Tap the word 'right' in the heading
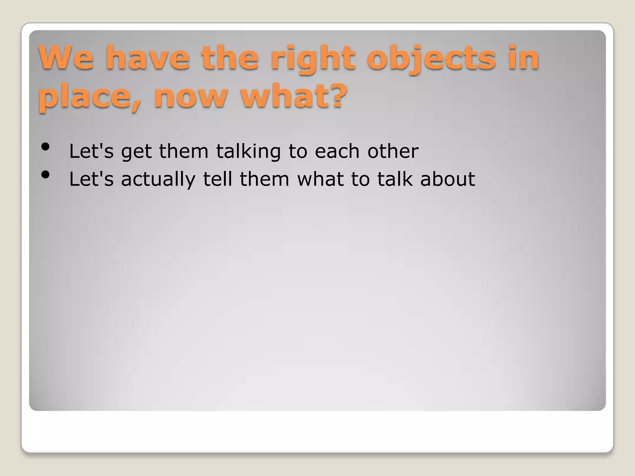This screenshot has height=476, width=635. [x=313, y=58]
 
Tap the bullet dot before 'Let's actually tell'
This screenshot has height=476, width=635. [x=45, y=175]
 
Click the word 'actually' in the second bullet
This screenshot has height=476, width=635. [x=158, y=179]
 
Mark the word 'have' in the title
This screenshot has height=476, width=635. [x=147, y=58]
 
